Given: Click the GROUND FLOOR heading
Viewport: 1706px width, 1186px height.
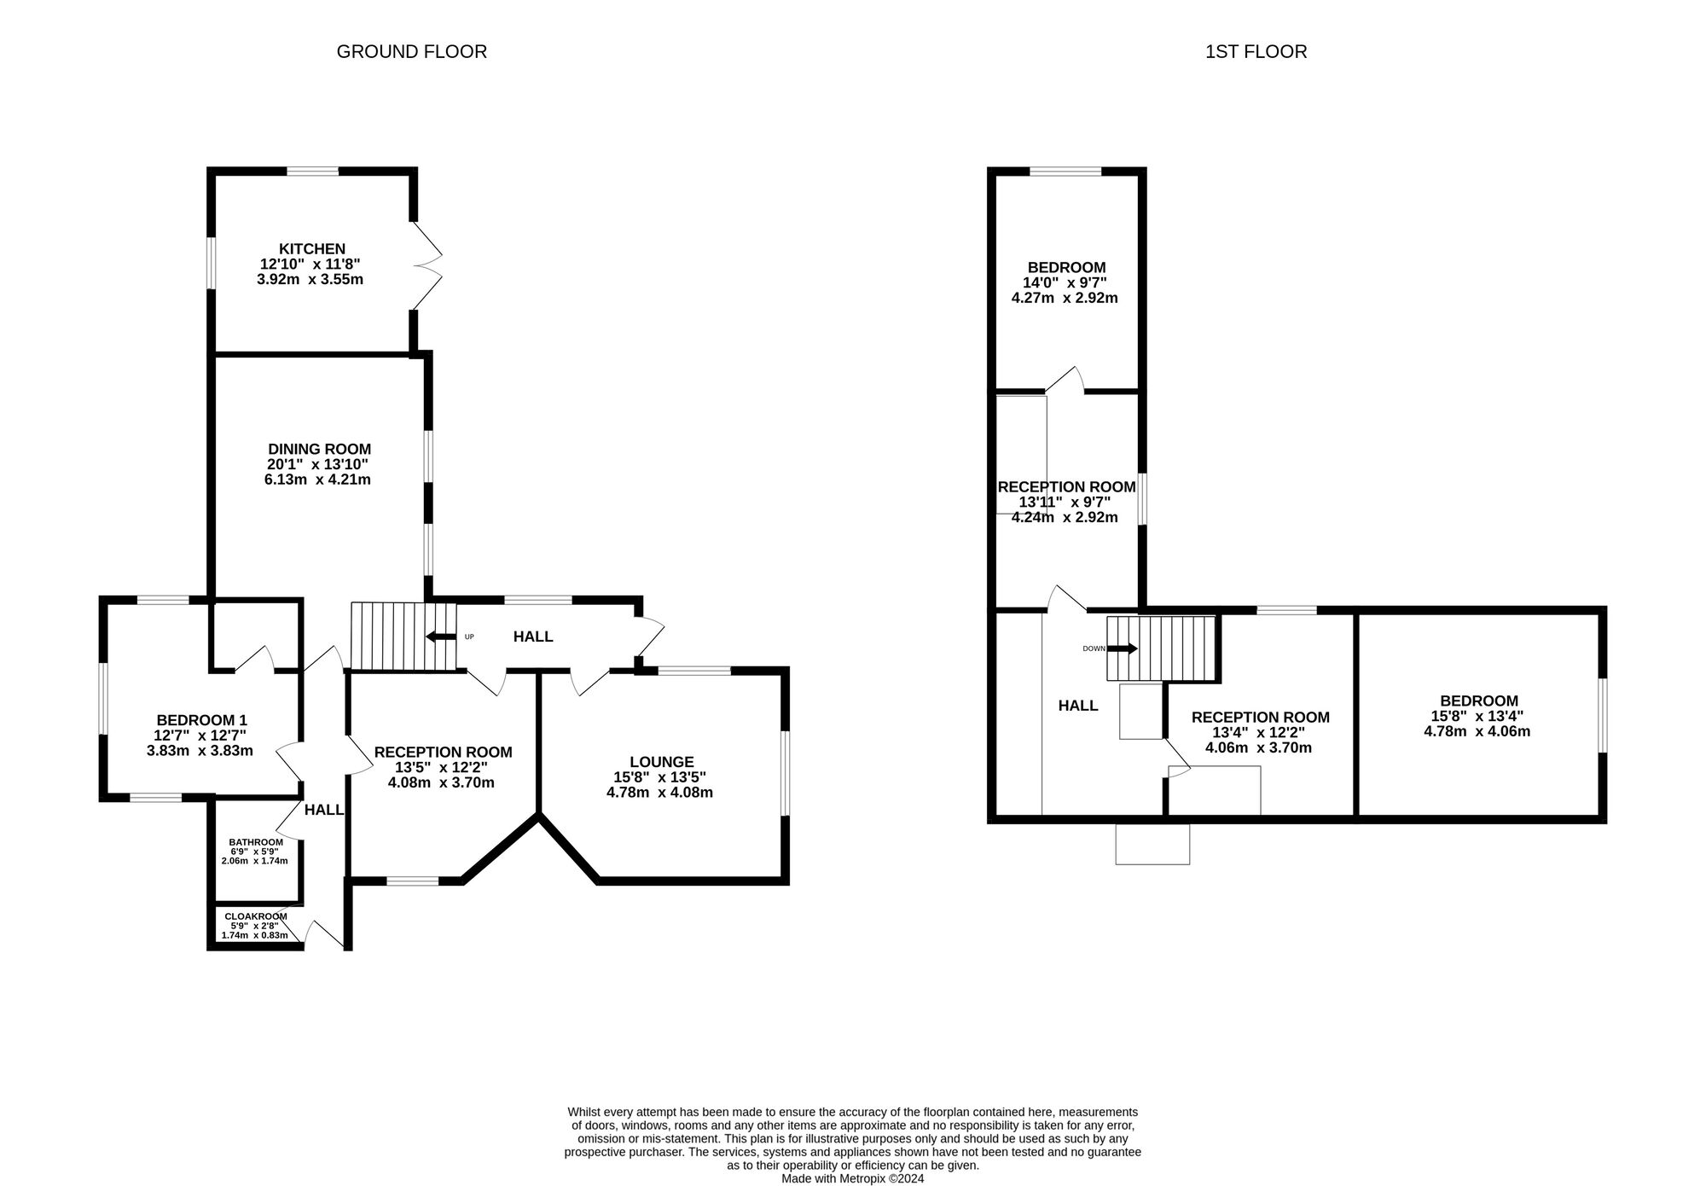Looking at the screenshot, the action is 411,52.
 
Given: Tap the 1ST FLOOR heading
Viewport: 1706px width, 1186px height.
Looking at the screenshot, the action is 1256,52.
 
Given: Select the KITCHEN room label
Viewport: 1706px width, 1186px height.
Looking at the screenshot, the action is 312,249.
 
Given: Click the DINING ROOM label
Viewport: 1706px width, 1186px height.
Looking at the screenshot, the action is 320,449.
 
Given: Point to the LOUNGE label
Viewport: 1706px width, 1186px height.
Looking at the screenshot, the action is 662,762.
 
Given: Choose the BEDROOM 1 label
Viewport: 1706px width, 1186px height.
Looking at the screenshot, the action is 201,720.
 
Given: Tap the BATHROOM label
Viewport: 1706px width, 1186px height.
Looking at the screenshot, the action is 256,842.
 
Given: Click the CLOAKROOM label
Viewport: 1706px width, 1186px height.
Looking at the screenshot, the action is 256,916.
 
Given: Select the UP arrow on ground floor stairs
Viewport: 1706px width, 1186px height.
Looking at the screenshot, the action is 440,637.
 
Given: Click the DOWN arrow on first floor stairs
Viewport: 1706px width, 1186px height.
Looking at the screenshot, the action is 1123,648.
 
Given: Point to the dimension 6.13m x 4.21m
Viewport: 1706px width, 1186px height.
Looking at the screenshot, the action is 317,480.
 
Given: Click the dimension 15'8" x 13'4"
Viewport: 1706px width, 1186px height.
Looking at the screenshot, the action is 1477,717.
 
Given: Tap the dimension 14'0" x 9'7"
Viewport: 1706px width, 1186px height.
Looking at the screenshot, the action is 1065,282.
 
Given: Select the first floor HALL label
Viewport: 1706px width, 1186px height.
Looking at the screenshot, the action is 1078,706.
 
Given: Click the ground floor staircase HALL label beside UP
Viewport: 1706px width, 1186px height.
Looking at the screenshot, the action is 533,637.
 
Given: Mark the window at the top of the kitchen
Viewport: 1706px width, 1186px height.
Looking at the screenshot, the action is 312,172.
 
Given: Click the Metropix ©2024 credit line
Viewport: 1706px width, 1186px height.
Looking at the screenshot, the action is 853,1178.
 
